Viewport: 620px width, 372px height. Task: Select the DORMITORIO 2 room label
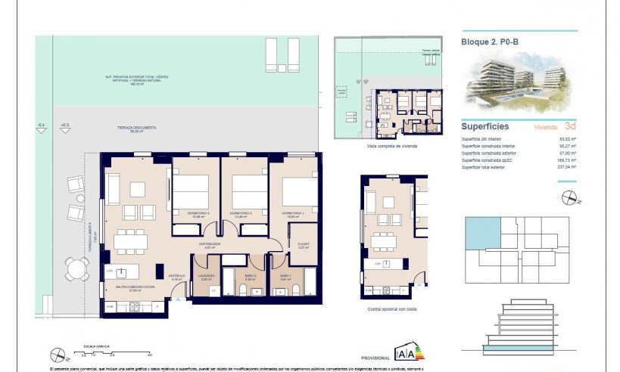[x=241, y=213]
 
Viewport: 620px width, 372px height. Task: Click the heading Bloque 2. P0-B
[x=490, y=42]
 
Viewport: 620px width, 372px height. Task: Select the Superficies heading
[x=484, y=127]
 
